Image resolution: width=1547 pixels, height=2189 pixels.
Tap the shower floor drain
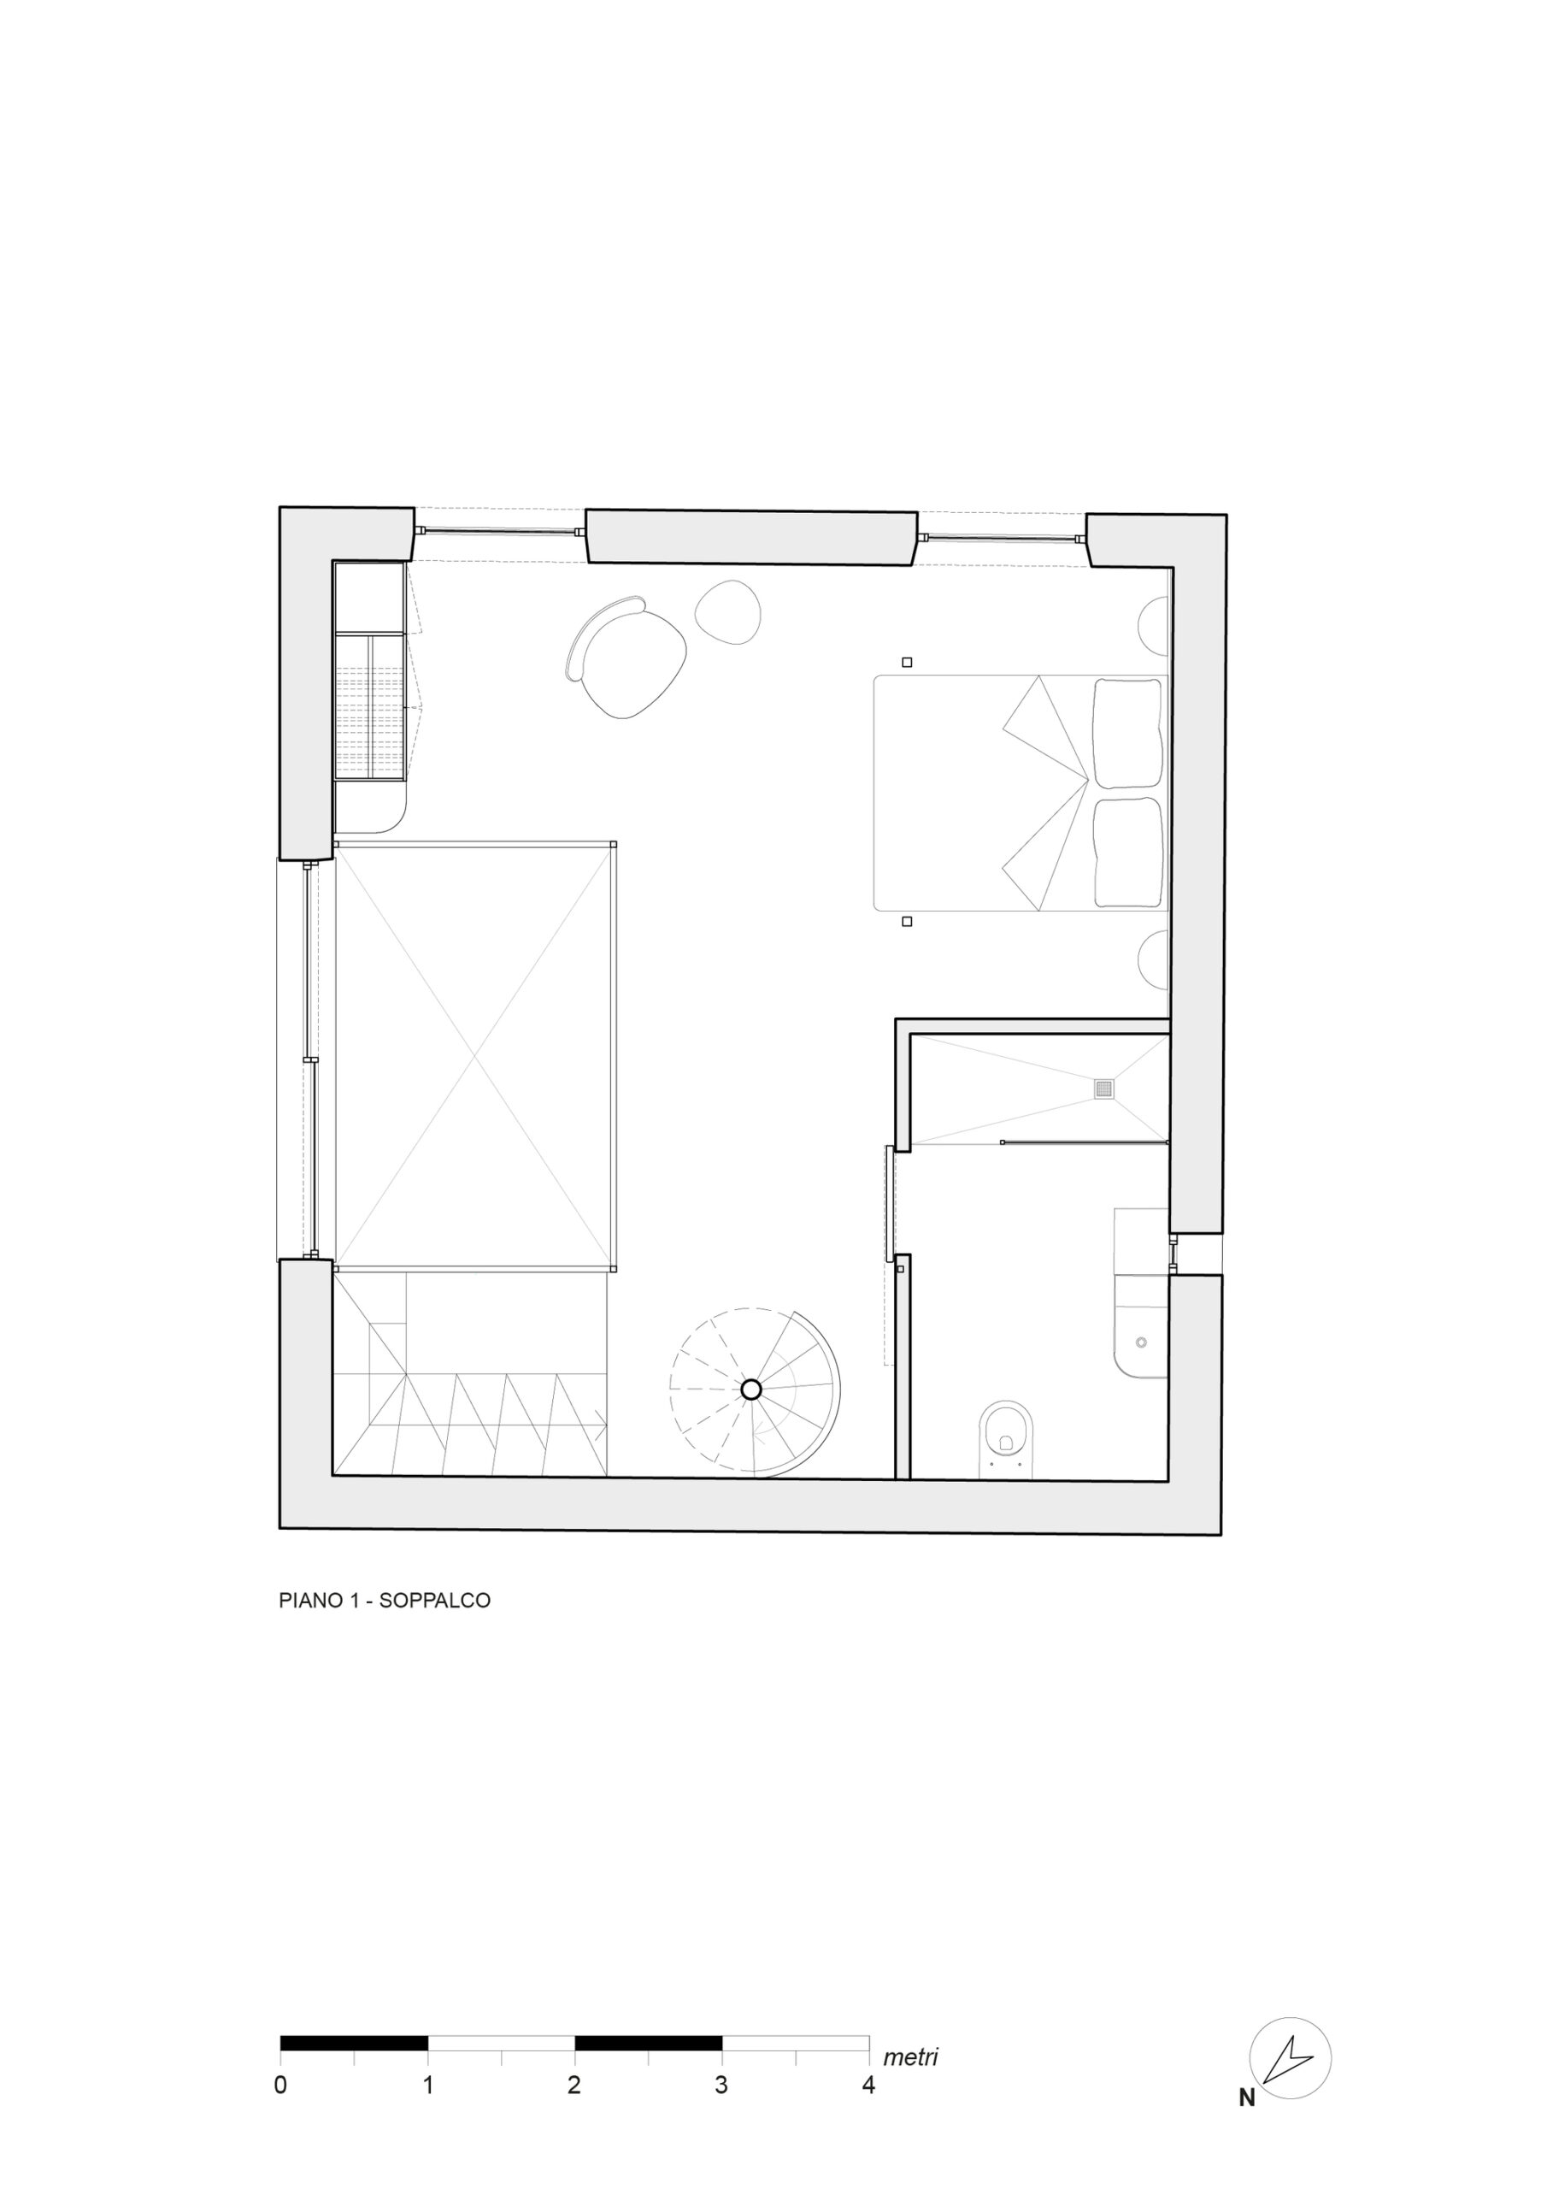pos(1103,1088)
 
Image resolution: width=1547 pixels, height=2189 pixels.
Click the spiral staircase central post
pos(750,1390)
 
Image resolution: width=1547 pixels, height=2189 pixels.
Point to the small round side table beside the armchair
pos(728,612)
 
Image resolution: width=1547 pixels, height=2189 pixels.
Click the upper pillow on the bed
pos(1128,732)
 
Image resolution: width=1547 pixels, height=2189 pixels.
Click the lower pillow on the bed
pos(1128,853)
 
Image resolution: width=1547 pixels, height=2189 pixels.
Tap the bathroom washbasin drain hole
pos(1142,1342)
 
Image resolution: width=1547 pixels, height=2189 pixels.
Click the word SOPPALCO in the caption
pos(435,1601)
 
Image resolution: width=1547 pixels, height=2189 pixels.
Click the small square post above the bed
pos(907,662)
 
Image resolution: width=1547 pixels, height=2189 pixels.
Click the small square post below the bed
pos(907,921)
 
